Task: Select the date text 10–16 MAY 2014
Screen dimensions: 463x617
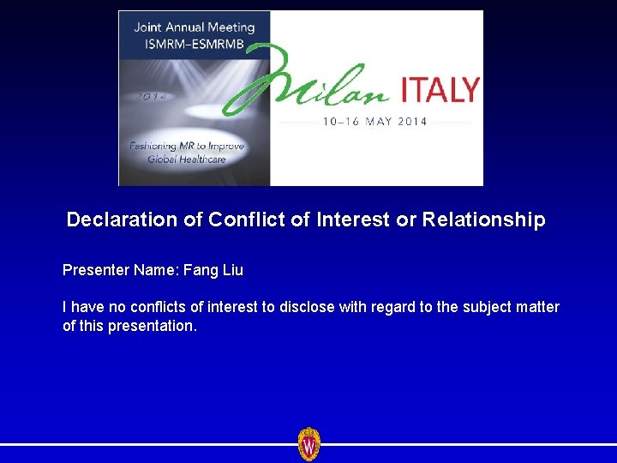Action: [374, 122]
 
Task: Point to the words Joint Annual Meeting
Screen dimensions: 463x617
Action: [194, 27]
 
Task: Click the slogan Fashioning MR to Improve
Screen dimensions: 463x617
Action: [187, 146]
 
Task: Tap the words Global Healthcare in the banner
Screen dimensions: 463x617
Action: [187, 159]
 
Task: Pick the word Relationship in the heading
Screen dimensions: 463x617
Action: [483, 220]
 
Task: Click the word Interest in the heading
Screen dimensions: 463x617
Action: [353, 220]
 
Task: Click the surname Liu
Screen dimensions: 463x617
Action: [233, 270]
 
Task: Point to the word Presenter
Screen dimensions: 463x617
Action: [96, 270]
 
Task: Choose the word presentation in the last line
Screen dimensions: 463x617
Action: [153, 327]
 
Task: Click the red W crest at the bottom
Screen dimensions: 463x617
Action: [308, 444]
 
